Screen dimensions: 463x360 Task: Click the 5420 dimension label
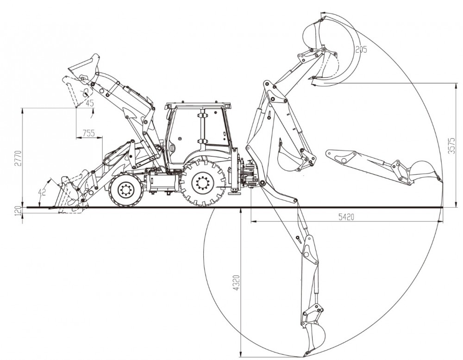click(346, 217)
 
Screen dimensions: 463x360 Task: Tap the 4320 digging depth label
click(237, 283)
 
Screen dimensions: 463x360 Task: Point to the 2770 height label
click(19, 158)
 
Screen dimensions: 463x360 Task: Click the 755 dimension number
click(88, 133)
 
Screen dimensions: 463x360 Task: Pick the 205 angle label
click(361, 49)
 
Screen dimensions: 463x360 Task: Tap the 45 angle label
click(89, 103)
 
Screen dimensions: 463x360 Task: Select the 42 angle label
click(42, 192)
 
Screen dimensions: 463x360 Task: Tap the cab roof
click(199, 105)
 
